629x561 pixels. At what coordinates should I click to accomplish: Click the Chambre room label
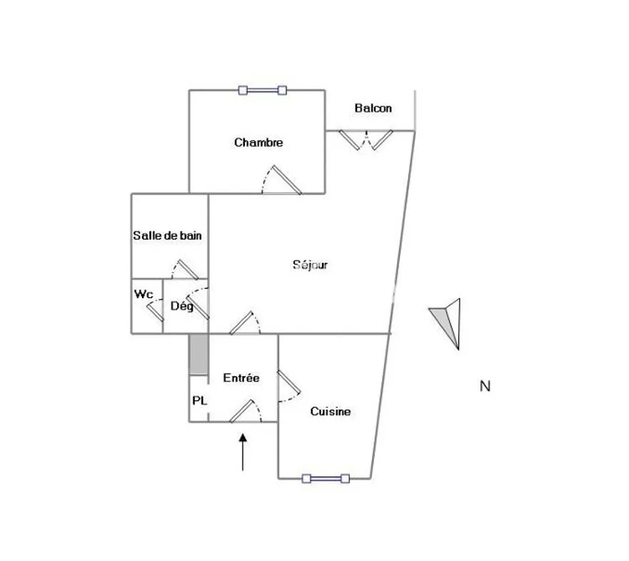[x=258, y=142]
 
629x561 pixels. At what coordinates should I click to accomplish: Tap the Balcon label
[x=373, y=108]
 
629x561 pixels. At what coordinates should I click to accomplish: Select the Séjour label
[x=310, y=264]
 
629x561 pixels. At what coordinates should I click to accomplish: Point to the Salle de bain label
[x=167, y=235]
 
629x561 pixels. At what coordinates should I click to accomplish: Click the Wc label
[x=144, y=294]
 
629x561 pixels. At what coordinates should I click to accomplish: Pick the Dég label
[x=182, y=306]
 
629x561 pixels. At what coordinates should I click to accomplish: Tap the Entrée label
[x=241, y=377]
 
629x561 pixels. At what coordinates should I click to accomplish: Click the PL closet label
[x=199, y=400]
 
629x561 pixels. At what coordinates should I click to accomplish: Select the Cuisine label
[x=331, y=411]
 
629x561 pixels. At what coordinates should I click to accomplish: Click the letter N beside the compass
[x=485, y=386]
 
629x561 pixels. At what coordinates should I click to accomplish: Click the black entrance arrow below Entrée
[x=243, y=452]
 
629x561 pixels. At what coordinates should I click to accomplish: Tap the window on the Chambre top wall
[x=262, y=90]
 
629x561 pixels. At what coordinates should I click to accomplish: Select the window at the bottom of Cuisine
[x=326, y=478]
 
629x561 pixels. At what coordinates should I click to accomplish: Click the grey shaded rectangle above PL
[x=198, y=354]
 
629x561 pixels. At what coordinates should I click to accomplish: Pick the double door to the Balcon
[x=366, y=140]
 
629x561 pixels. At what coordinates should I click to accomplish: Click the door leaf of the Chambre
[x=286, y=179]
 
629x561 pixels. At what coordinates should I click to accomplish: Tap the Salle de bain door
[x=188, y=269]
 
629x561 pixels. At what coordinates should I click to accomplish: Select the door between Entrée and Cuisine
[x=288, y=382]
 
